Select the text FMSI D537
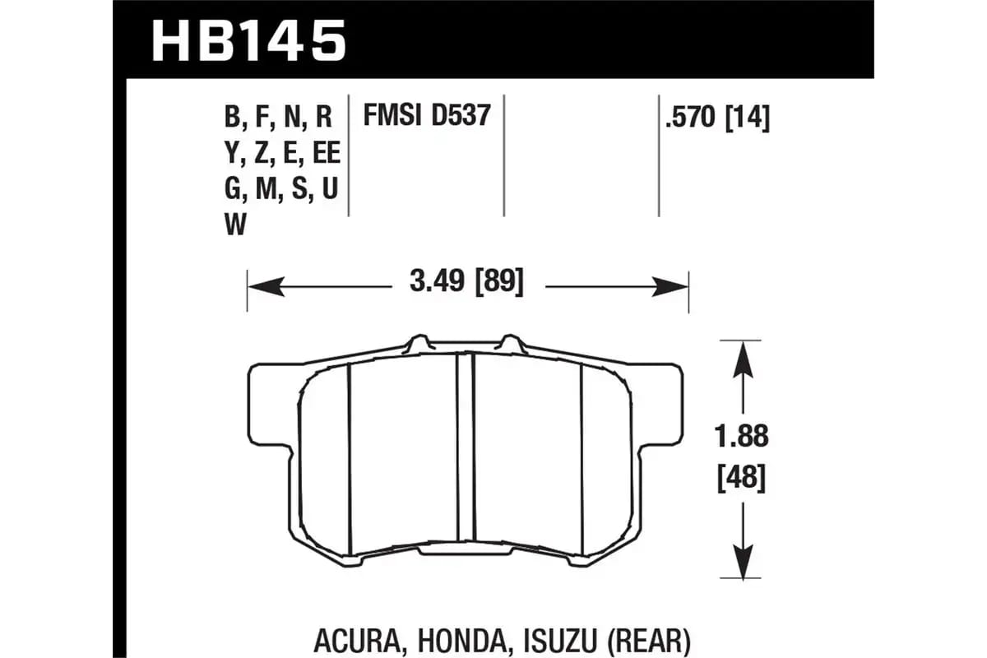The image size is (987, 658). [x=427, y=117]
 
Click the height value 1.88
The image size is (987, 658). [x=740, y=437]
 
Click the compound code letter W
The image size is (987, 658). [x=235, y=225]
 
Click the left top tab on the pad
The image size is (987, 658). [x=418, y=342]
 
